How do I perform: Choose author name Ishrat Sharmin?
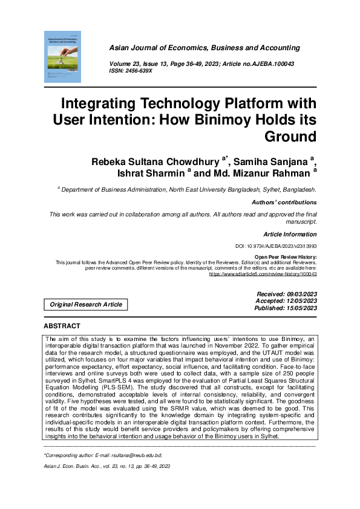point(149,173)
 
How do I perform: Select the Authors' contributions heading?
point(284,203)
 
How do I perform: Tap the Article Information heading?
point(290,234)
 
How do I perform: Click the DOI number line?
point(275,247)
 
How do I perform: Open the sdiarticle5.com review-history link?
point(263,274)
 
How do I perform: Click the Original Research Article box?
point(85,305)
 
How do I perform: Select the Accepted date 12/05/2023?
point(287,300)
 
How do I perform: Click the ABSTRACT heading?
point(62,326)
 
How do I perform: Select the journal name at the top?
point(204,48)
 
